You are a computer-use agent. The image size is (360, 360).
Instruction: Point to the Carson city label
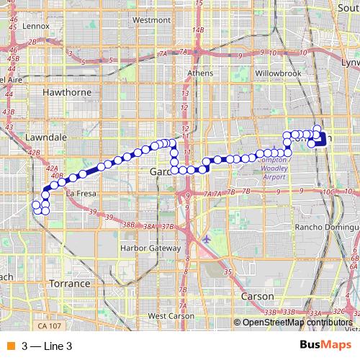(258, 296)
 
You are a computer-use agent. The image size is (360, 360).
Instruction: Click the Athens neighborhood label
(199, 73)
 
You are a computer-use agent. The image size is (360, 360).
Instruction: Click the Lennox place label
(35, 25)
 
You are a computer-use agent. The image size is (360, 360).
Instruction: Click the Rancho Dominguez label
(328, 228)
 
